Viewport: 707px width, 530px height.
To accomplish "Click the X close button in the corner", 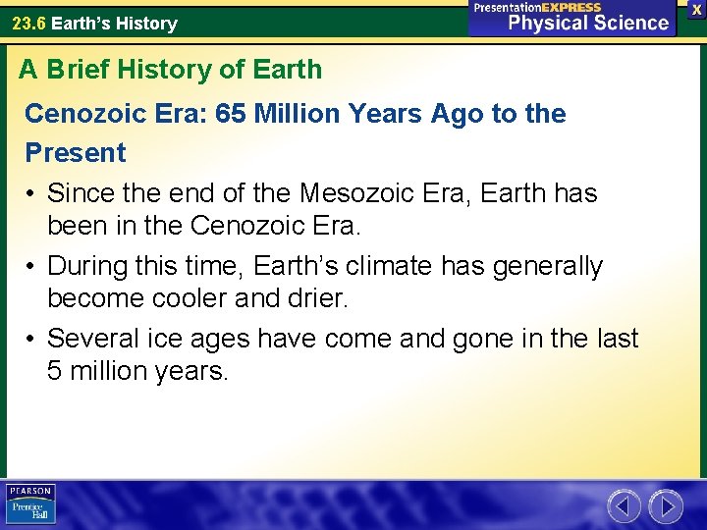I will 696,9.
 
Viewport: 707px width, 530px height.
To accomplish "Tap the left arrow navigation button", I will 624,506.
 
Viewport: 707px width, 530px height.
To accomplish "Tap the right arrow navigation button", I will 666,506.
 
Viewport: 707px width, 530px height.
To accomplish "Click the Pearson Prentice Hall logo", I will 30,503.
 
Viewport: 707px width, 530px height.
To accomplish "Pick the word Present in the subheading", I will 76,153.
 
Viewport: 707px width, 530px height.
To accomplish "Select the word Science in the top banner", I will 627,23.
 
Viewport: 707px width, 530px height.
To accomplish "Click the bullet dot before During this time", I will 32,267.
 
